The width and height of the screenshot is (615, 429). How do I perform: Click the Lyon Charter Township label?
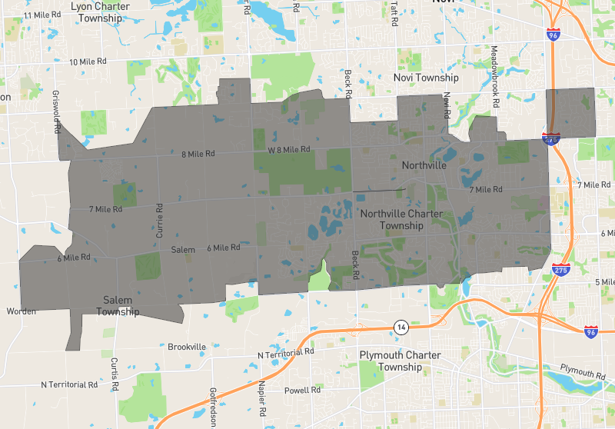tap(100, 12)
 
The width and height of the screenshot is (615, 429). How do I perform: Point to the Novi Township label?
tap(425, 78)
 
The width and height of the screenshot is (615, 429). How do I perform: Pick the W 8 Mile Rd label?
tap(289, 149)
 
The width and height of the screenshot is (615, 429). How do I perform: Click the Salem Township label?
tap(118, 305)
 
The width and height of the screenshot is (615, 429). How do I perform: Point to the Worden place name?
tap(22, 311)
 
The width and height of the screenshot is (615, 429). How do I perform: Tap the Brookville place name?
tap(187, 347)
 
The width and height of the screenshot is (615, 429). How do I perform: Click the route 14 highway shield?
tap(401, 327)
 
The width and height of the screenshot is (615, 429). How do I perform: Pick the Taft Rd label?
tap(393, 14)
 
